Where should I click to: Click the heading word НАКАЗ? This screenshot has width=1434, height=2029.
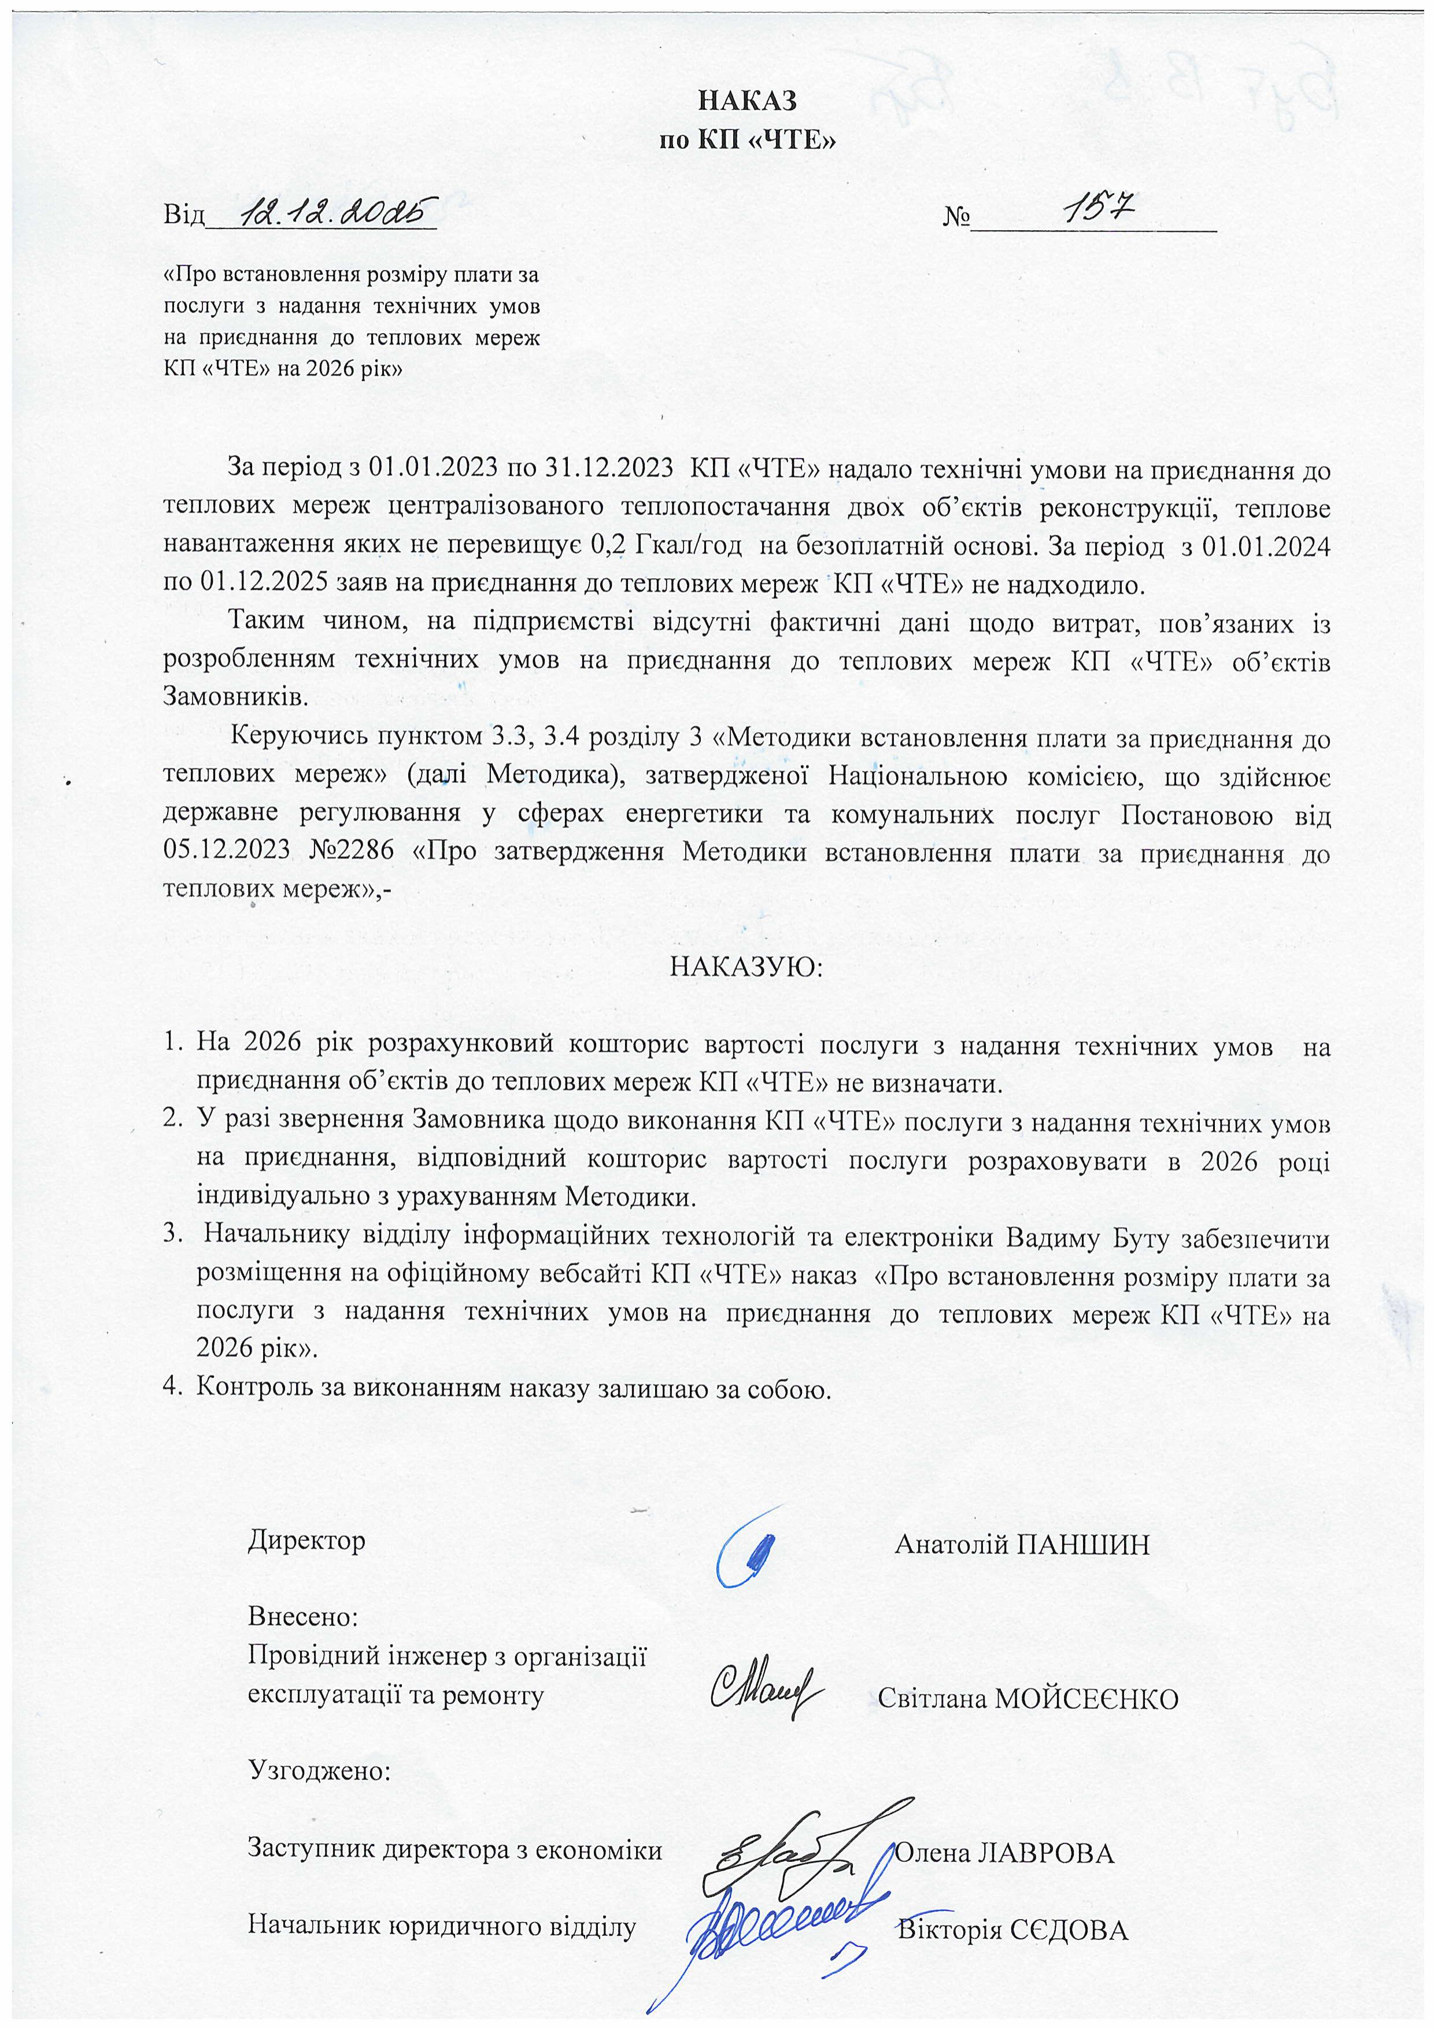[x=748, y=101]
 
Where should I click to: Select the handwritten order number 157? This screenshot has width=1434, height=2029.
[x=1096, y=209]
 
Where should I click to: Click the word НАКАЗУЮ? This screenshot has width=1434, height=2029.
[x=746, y=967]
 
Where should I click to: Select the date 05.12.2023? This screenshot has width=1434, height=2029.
[x=227, y=850]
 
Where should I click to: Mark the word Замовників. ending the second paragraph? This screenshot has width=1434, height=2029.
[x=236, y=697]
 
